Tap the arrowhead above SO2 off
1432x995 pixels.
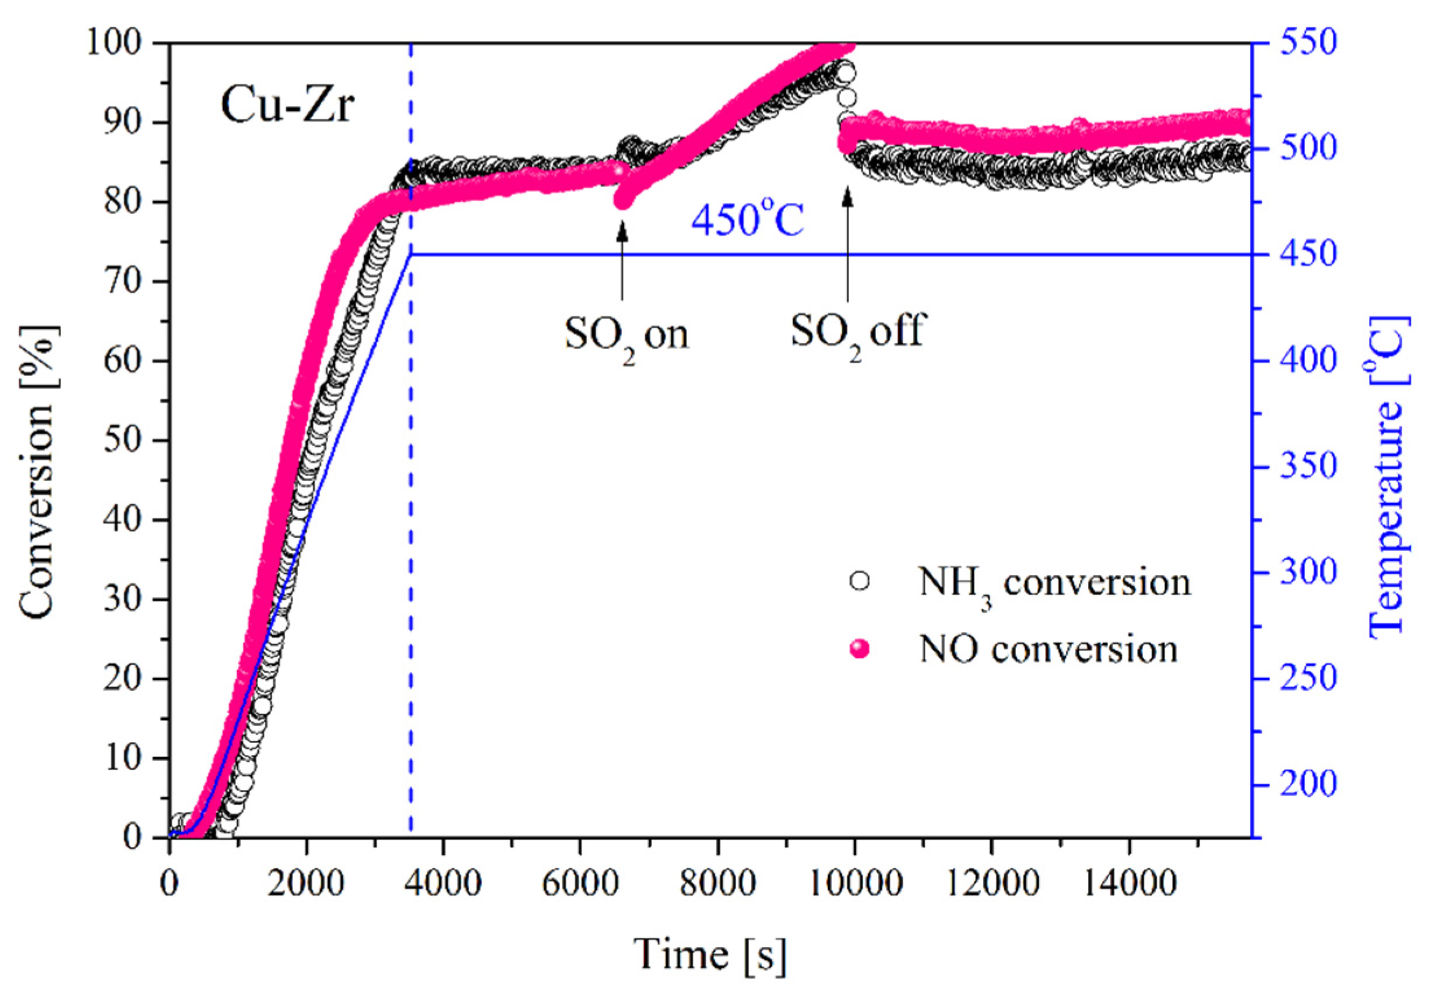(847, 195)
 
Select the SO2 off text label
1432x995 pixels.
(858, 331)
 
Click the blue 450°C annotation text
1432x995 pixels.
(748, 221)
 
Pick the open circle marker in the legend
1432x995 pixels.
(859, 581)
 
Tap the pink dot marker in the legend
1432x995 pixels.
(859, 649)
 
